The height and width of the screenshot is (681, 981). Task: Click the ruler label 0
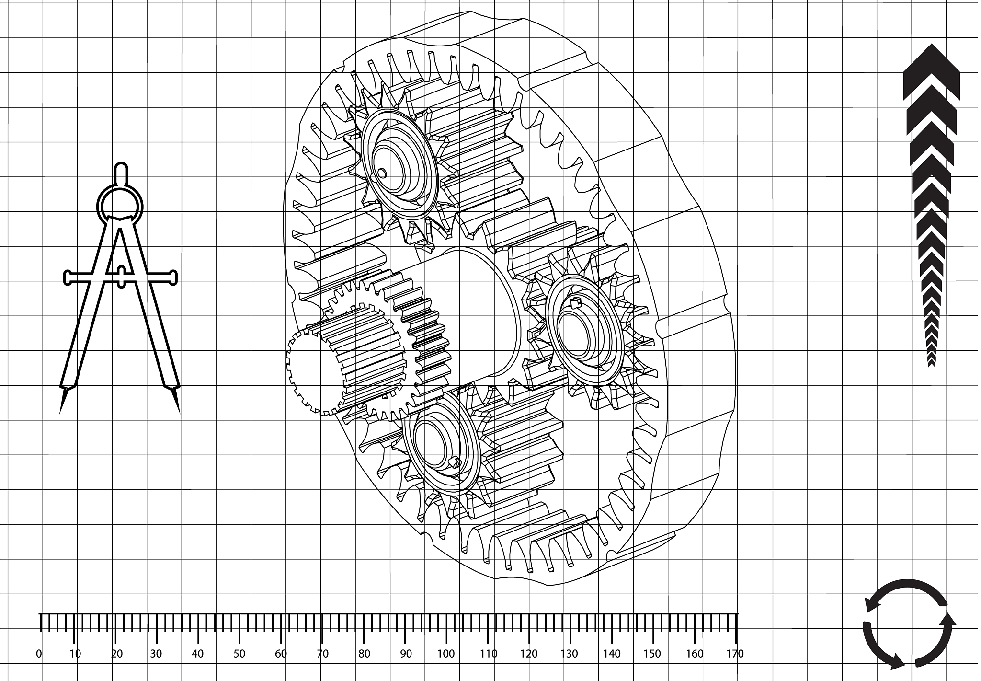[x=39, y=654]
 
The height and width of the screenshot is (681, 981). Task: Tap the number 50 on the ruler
[x=239, y=654]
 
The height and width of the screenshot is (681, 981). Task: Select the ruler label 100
[x=446, y=654]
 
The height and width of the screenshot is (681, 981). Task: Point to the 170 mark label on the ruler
[x=735, y=654]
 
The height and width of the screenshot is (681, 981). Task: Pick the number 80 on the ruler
[x=364, y=654]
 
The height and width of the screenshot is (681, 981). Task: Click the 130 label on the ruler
[x=570, y=654]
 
